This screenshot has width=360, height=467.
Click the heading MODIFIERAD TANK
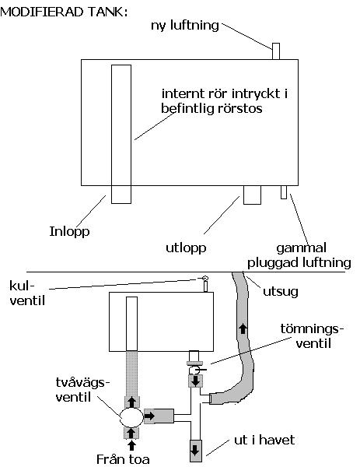(64, 12)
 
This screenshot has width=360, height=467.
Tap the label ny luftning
(185, 26)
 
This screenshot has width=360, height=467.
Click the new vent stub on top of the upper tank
(276, 51)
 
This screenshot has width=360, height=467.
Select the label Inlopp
(69, 231)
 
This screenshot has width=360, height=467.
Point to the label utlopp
(186, 248)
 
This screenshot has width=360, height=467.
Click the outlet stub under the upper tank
(252, 195)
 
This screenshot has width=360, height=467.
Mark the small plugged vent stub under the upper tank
(284, 192)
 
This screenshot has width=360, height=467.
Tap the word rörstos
(240, 108)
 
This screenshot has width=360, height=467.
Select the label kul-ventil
(27, 293)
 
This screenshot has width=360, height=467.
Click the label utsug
(280, 292)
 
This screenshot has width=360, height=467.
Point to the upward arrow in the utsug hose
(243, 328)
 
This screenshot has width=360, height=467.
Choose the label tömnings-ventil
(312, 336)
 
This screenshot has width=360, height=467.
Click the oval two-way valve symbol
(131, 417)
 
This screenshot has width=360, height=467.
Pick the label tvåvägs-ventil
(80, 390)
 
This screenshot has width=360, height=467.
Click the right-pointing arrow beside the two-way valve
(149, 416)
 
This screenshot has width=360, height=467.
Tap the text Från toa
(123, 459)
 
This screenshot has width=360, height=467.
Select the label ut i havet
(264, 440)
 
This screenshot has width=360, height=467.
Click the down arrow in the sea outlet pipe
(195, 450)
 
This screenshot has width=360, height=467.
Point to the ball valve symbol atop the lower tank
(205, 278)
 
